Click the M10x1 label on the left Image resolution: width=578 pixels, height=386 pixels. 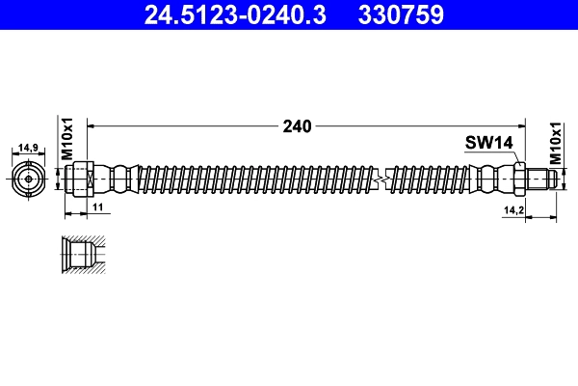point(68,141)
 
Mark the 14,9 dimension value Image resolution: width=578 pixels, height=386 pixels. point(28,148)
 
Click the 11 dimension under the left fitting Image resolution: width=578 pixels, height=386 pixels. point(96,207)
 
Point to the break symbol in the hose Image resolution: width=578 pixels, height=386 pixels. point(384,179)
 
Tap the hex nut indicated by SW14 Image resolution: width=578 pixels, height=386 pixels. point(519,179)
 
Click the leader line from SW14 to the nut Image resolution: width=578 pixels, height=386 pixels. point(511,157)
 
